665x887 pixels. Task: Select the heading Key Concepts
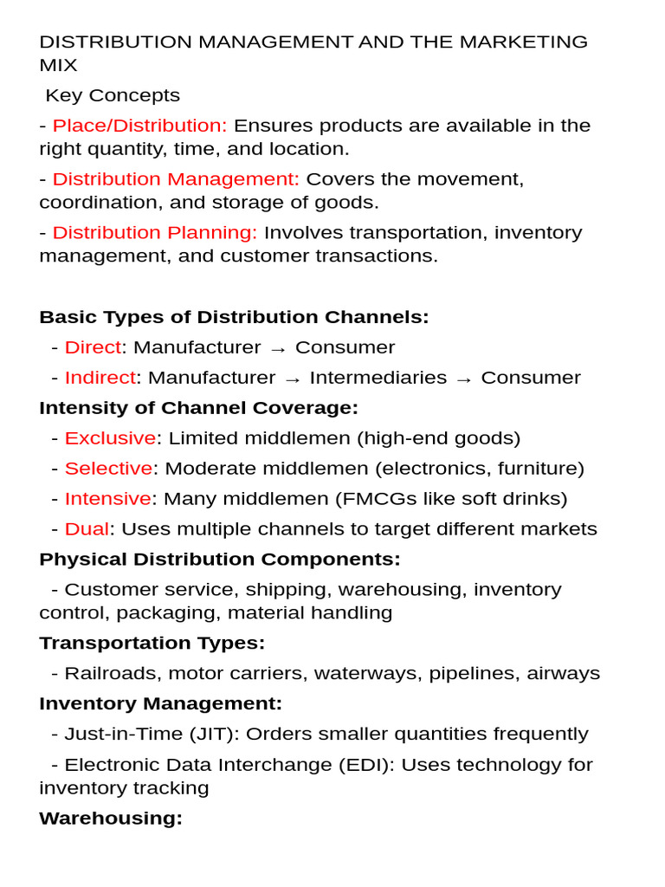tap(113, 95)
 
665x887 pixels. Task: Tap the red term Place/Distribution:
tap(139, 126)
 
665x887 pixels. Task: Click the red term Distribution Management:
tap(176, 179)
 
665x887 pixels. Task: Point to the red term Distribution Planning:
tap(155, 233)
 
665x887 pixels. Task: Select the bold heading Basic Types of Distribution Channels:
tap(234, 317)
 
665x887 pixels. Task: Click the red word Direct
tap(93, 347)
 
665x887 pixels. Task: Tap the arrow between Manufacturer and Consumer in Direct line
tap(277, 348)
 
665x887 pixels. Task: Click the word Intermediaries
tap(378, 378)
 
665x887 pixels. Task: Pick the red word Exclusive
tap(110, 438)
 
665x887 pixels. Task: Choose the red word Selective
tap(108, 469)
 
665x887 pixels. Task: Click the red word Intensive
tap(107, 499)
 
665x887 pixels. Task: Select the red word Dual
tap(87, 529)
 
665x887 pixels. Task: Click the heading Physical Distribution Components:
tap(220, 560)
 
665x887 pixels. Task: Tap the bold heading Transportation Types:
tap(152, 643)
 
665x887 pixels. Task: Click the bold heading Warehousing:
tap(111, 819)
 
